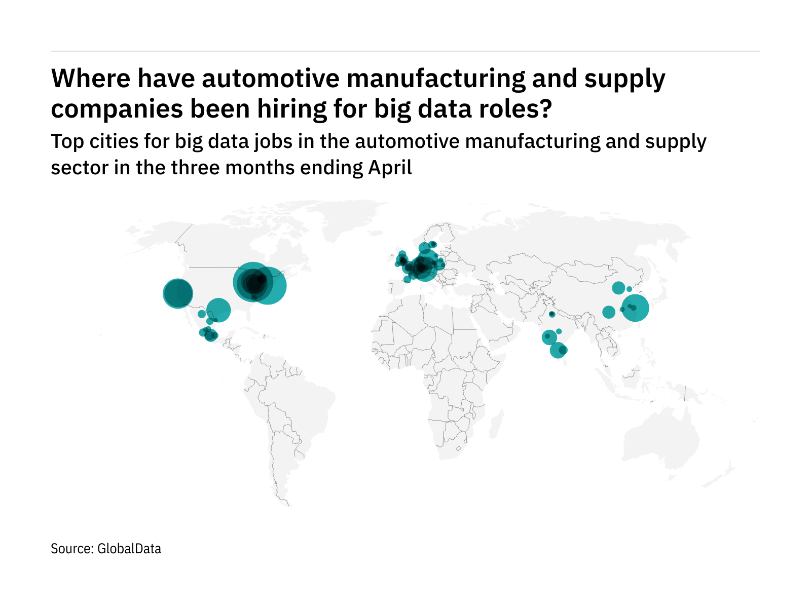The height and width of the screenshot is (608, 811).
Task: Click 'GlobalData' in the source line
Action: (x=129, y=549)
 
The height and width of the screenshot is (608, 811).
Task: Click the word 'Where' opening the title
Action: (x=90, y=79)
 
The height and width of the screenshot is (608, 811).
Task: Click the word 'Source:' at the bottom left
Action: (x=72, y=549)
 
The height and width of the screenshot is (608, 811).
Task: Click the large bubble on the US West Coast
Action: (x=178, y=293)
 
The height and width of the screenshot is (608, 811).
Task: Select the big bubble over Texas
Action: (x=218, y=310)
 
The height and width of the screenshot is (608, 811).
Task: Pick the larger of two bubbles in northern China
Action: (x=618, y=288)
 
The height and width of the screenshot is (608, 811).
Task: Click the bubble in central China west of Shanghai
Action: (x=609, y=312)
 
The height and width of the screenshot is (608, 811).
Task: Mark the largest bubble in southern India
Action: (x=557, y=350)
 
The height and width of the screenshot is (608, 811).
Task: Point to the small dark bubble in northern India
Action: (x=552, y=314)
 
